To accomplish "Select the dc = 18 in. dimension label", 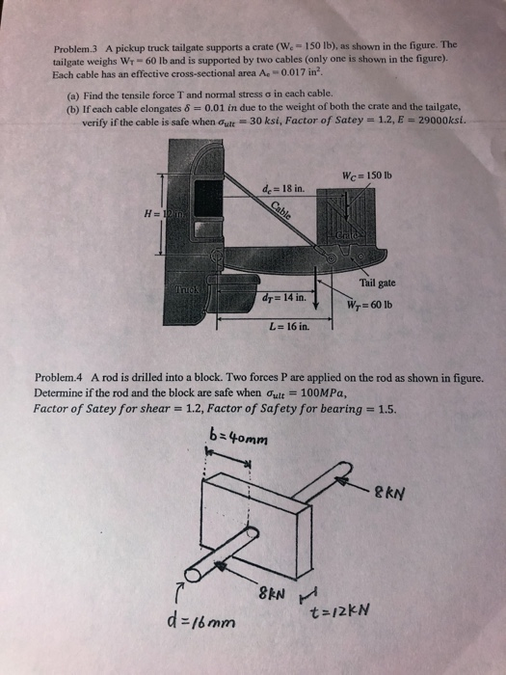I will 279,187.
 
